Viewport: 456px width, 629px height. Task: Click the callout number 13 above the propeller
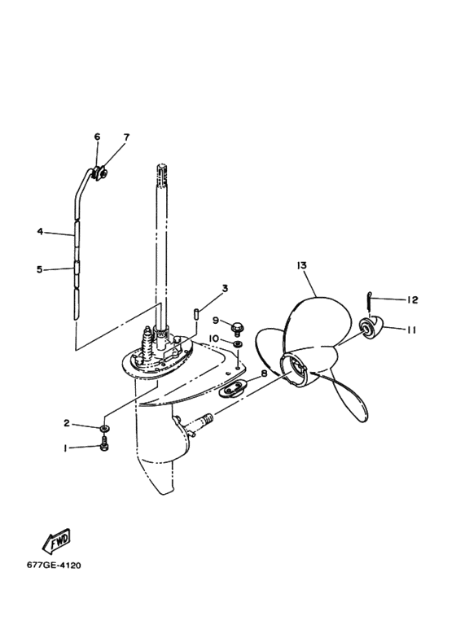[x=301, y=265]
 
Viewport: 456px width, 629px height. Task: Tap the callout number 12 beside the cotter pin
[x=413, y=299]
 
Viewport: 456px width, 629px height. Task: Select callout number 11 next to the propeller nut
[x=411, y=330]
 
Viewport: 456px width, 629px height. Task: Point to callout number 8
[x=264, y=373]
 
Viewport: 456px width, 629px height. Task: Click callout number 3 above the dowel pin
[x=225, y=288]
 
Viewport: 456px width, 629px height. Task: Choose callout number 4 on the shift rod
[x=40, y=231]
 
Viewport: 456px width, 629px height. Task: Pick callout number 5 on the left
[x=39, y=269]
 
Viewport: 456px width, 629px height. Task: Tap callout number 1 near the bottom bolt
[x=65, y=448]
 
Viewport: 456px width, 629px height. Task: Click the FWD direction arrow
[x=56, y=540]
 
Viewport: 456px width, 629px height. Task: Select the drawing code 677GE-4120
[x=54, y=566]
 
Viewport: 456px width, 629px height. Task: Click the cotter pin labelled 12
[x=370, y=300]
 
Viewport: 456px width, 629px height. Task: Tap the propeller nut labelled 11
[x=371, y=327]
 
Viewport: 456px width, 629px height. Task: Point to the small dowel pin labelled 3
[x=197, y=313]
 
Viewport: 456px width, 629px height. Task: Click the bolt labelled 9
[x=237, y=328]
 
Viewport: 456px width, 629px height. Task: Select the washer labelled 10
[x=238, y=343]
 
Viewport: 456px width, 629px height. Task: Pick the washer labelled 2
[x=103, y=429]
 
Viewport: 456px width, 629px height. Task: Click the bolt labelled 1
[x=103, y=444]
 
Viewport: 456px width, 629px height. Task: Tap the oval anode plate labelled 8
[x=232, y=387]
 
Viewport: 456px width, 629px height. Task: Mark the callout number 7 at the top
[x=126, y=138]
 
